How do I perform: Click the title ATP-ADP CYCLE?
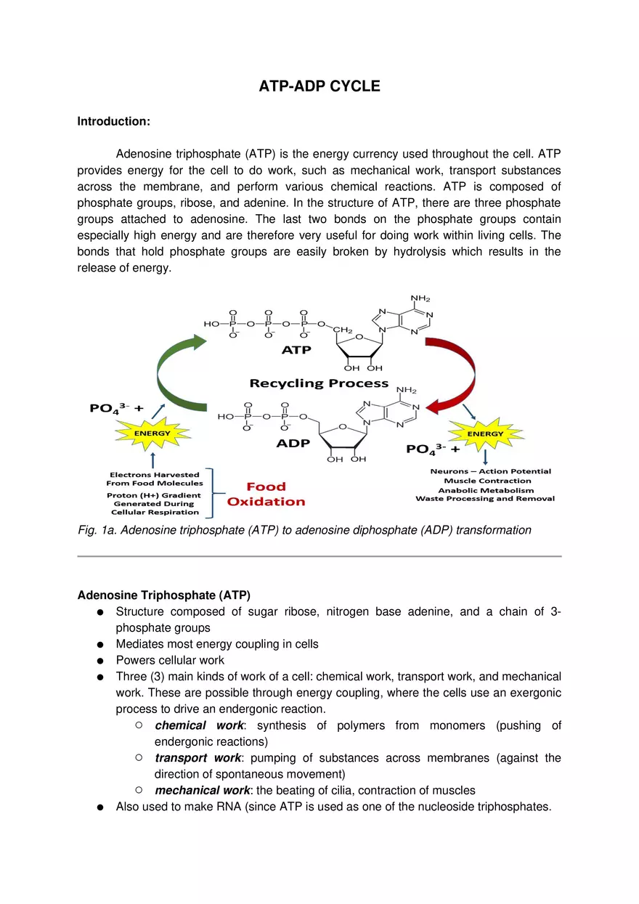319,86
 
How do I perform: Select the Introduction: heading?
113,121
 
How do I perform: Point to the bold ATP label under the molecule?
296,350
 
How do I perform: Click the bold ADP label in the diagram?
293,443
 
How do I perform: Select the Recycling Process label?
319,383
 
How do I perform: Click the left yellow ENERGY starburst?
152,433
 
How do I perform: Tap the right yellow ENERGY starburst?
485,433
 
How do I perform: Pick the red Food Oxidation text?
266,494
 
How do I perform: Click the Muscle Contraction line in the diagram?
487,481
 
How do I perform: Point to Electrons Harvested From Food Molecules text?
155,479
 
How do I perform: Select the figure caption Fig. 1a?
304,530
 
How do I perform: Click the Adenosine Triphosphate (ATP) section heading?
163,595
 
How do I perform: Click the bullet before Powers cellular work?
99,661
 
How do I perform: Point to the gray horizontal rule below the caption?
319,556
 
